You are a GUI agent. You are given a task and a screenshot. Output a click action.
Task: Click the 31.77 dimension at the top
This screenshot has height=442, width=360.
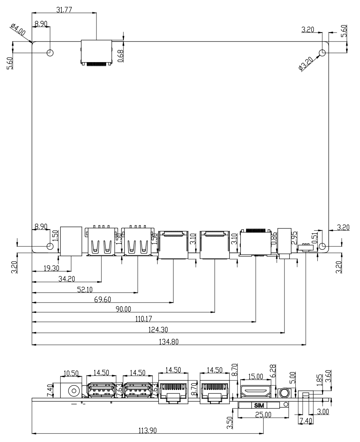click(x=64, y=10)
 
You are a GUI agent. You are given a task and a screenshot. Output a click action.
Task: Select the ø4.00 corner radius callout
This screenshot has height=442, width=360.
click(x=18, y=30)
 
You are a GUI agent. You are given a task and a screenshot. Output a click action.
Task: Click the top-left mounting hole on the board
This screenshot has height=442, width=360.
click(x=49, y=52)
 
